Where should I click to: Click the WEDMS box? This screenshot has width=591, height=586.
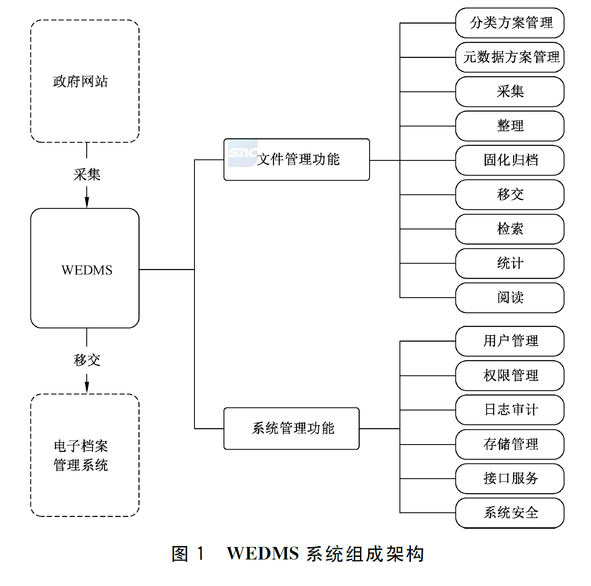(x=85, y=268)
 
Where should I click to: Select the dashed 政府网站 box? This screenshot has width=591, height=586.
(x=85, y=81)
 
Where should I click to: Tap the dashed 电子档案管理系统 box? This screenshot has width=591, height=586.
(x=85, y=455)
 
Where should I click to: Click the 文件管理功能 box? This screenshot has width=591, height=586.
(x=297, y=160)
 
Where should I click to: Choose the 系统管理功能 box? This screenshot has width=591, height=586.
(x=291, y=429)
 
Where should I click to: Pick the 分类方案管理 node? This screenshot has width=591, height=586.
(x=509, y=23)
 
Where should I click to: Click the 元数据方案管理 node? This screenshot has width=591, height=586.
(x=509, y=57)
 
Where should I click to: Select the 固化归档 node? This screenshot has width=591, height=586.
(x=509, y=160)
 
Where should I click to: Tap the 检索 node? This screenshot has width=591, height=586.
(x=509, y=229)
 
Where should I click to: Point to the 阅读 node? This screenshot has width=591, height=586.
(x=509, y=298)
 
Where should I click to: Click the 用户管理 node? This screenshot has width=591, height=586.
(x=509, y=341)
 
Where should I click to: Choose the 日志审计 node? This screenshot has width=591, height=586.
(x=509, y=410)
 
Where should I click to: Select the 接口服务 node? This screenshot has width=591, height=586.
(x=509, y=478)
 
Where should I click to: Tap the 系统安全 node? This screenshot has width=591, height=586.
(x=509, y=513)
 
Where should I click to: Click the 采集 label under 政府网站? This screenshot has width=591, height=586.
(x=87, y=174)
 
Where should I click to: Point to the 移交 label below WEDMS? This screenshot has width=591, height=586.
(x=87, y=360)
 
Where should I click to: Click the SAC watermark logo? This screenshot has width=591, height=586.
(x=242, y=152)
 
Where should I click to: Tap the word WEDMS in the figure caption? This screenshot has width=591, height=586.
(x=263, y=554)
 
